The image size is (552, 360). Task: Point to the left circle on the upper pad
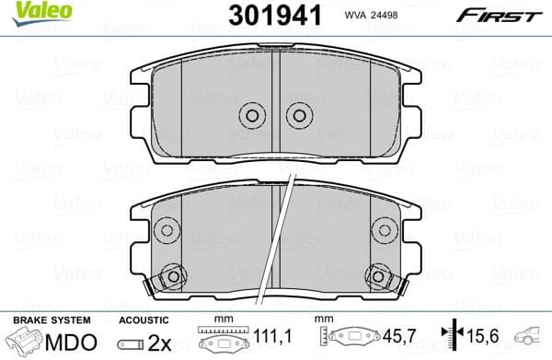coord(251,115)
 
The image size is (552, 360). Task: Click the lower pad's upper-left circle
coord(166,231)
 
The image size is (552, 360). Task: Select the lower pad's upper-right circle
coord(384,231)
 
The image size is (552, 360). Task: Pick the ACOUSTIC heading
coord(144,319)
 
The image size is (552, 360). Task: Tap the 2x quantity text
coord(157,342)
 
